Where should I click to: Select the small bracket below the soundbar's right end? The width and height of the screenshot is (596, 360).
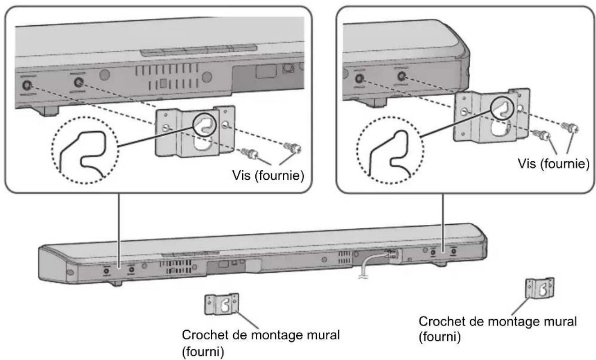pos(539,288)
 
